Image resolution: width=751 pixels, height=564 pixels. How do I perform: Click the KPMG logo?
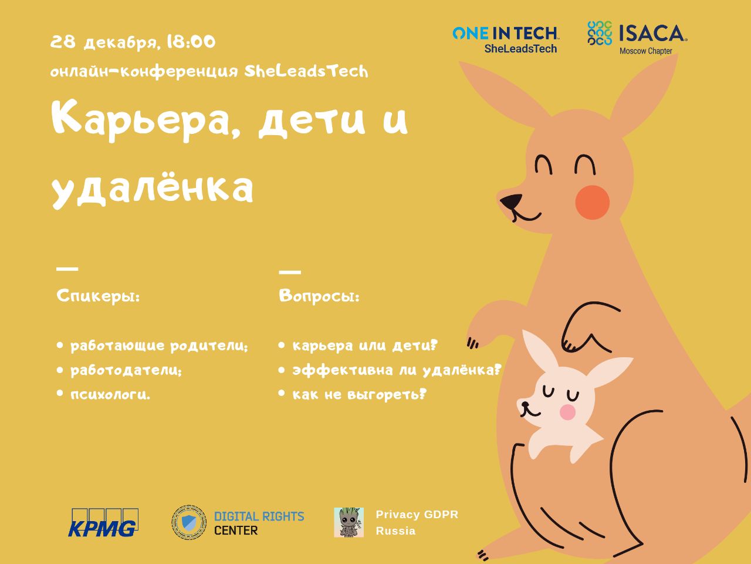click(103, 522)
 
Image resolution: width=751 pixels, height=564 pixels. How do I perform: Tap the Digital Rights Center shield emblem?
click(189, 522)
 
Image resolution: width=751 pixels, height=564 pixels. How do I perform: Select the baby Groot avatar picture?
click(349, 522)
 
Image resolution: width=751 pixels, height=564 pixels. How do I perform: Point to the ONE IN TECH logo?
click(506, 33)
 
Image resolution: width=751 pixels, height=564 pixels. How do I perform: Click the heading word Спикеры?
click(98, 296)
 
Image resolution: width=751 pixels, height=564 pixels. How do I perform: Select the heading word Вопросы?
click(319, 296)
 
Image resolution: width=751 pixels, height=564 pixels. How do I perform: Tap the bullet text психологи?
click(110, 395)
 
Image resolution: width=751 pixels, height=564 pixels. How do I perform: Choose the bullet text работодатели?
click(126, 370)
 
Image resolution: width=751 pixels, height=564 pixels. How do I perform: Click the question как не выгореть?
click(360, 394)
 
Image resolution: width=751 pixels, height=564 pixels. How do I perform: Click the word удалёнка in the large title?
click(153, 189)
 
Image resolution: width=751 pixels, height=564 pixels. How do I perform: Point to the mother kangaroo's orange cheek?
click(592, 202)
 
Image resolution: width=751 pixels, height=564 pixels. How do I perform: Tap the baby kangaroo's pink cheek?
click(567, 412)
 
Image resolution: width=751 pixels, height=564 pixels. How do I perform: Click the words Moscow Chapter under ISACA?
click(646, 51)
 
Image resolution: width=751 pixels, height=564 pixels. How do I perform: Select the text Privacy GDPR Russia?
click(417, 522)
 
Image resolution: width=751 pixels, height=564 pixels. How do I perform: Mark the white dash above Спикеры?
click(67, 269)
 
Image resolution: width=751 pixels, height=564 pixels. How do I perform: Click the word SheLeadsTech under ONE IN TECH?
click(520, 49)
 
